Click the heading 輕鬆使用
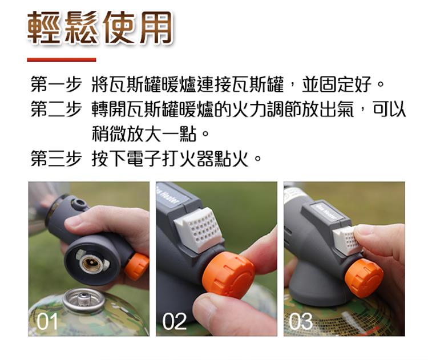coord(100,27)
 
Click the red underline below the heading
coord(62,59)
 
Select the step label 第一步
coord(56,84)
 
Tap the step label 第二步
coord(56,109)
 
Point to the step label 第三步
coord(56,158)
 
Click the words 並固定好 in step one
coord(337,84)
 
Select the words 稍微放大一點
coord(144,134)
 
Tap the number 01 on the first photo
coord(47,321)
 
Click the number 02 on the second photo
coord(175,321)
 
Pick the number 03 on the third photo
coord(301,321)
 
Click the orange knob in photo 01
coord(136,266)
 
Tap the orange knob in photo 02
coord(228,274)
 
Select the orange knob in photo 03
coord(364,278)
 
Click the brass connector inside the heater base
coord(92,263)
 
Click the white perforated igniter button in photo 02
coord(198,229)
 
